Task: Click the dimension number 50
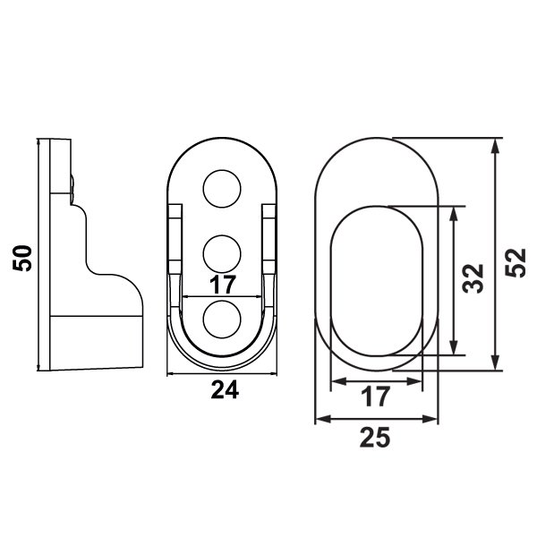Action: pyautogui.click(x=24, y=258)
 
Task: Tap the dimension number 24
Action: pyautogui.click(x=224, y=391)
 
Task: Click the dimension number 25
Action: pyautogui.click(x=377, y=437)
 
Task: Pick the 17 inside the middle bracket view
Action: pyautogui.click(x=223, y=285)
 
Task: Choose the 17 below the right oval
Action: pyautogui.click(x=376, y=396)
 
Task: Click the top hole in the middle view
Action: pyautogui.click(x=223, y=189)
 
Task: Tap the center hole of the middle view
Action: pyautogui.click(x=223, y=253)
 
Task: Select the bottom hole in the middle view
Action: pyautogui.click(x=223, y=320)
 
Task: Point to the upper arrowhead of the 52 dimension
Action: pyautogui.click(x=497, y=145)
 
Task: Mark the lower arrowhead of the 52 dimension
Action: pyautogui.click(x=497, y=362)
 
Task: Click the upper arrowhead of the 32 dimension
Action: pyautogui.click(x=456, y=213)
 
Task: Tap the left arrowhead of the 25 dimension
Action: pyautogui.click(x=320, y=418)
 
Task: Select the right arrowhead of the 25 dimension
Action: pyautogui.click(x=434, y=418)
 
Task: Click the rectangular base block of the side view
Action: pyautogui.click(x=96, y=340)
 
